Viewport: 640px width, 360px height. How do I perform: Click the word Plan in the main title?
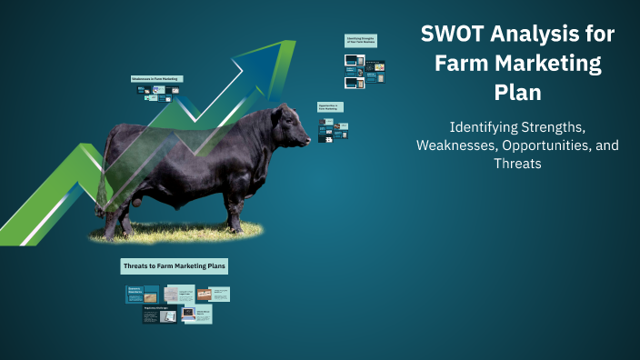(x=517, y=93)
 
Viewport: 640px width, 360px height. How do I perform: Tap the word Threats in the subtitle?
(x=517, y=164)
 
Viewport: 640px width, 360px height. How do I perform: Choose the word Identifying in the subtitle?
(x=485, y=127)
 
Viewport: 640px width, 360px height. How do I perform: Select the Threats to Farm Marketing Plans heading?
(x=174, y=266)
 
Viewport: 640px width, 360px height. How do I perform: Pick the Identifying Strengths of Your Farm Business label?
(x=361, y=41)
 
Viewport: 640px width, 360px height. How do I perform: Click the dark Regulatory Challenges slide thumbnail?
(x=160, y=315)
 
